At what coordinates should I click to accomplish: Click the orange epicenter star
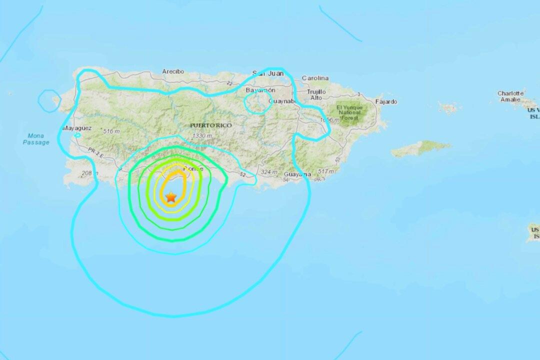pyautogui.click(x=171, y=197)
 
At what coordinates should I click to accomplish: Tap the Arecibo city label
pyautogui.click(x=173, y=72)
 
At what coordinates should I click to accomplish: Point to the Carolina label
pyautogui.click(x=315, y=78)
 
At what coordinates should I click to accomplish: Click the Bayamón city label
pyautogui.click(x=260, y=90)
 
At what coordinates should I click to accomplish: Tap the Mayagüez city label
pyautogui.click(x=77, y=128)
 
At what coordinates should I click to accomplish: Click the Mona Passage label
pyautogui.click(x=36, y=139)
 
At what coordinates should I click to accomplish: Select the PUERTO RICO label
pyautogui.click(x=210, y=125)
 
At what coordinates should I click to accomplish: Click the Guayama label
pyautogui.click(x=297, y=174)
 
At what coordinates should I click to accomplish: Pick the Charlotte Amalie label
pyautogui.click(x=510, y=96)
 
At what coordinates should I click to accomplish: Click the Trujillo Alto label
pyautogui.click(x=315, y=94)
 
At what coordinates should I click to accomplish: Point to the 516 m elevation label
pyautogui.click(x=111, y=131)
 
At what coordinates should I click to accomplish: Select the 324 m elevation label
pyautogui.click(x=268, y=172)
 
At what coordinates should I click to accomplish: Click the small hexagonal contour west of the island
pyautogui.click(x=49, y=98)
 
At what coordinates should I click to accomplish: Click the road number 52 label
pyautogui.click(x=242, y=174)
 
